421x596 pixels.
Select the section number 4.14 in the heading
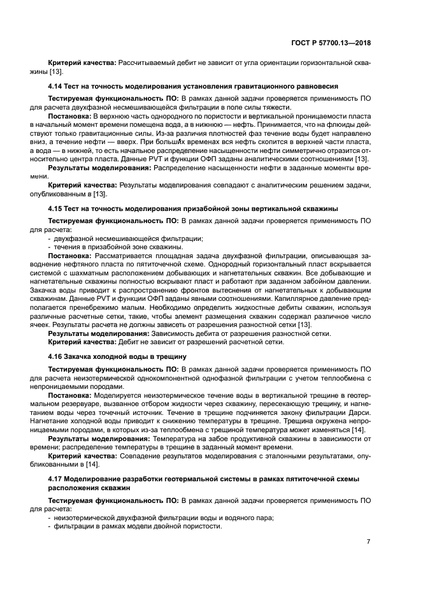click(55, 85)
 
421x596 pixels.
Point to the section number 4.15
click(55, 209)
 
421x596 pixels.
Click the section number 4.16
click(55, 357)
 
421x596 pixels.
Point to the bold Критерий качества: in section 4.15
click(79, 342)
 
